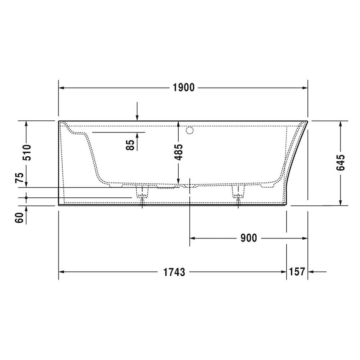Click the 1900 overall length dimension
click(183, 88)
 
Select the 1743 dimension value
click(174, 272)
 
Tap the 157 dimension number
click(297, 272)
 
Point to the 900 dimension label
click(248, 238)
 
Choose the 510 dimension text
click(26, 153)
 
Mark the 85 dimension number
click(131, 144)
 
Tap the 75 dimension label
click(19, 177)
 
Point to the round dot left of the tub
click(26, 197)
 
